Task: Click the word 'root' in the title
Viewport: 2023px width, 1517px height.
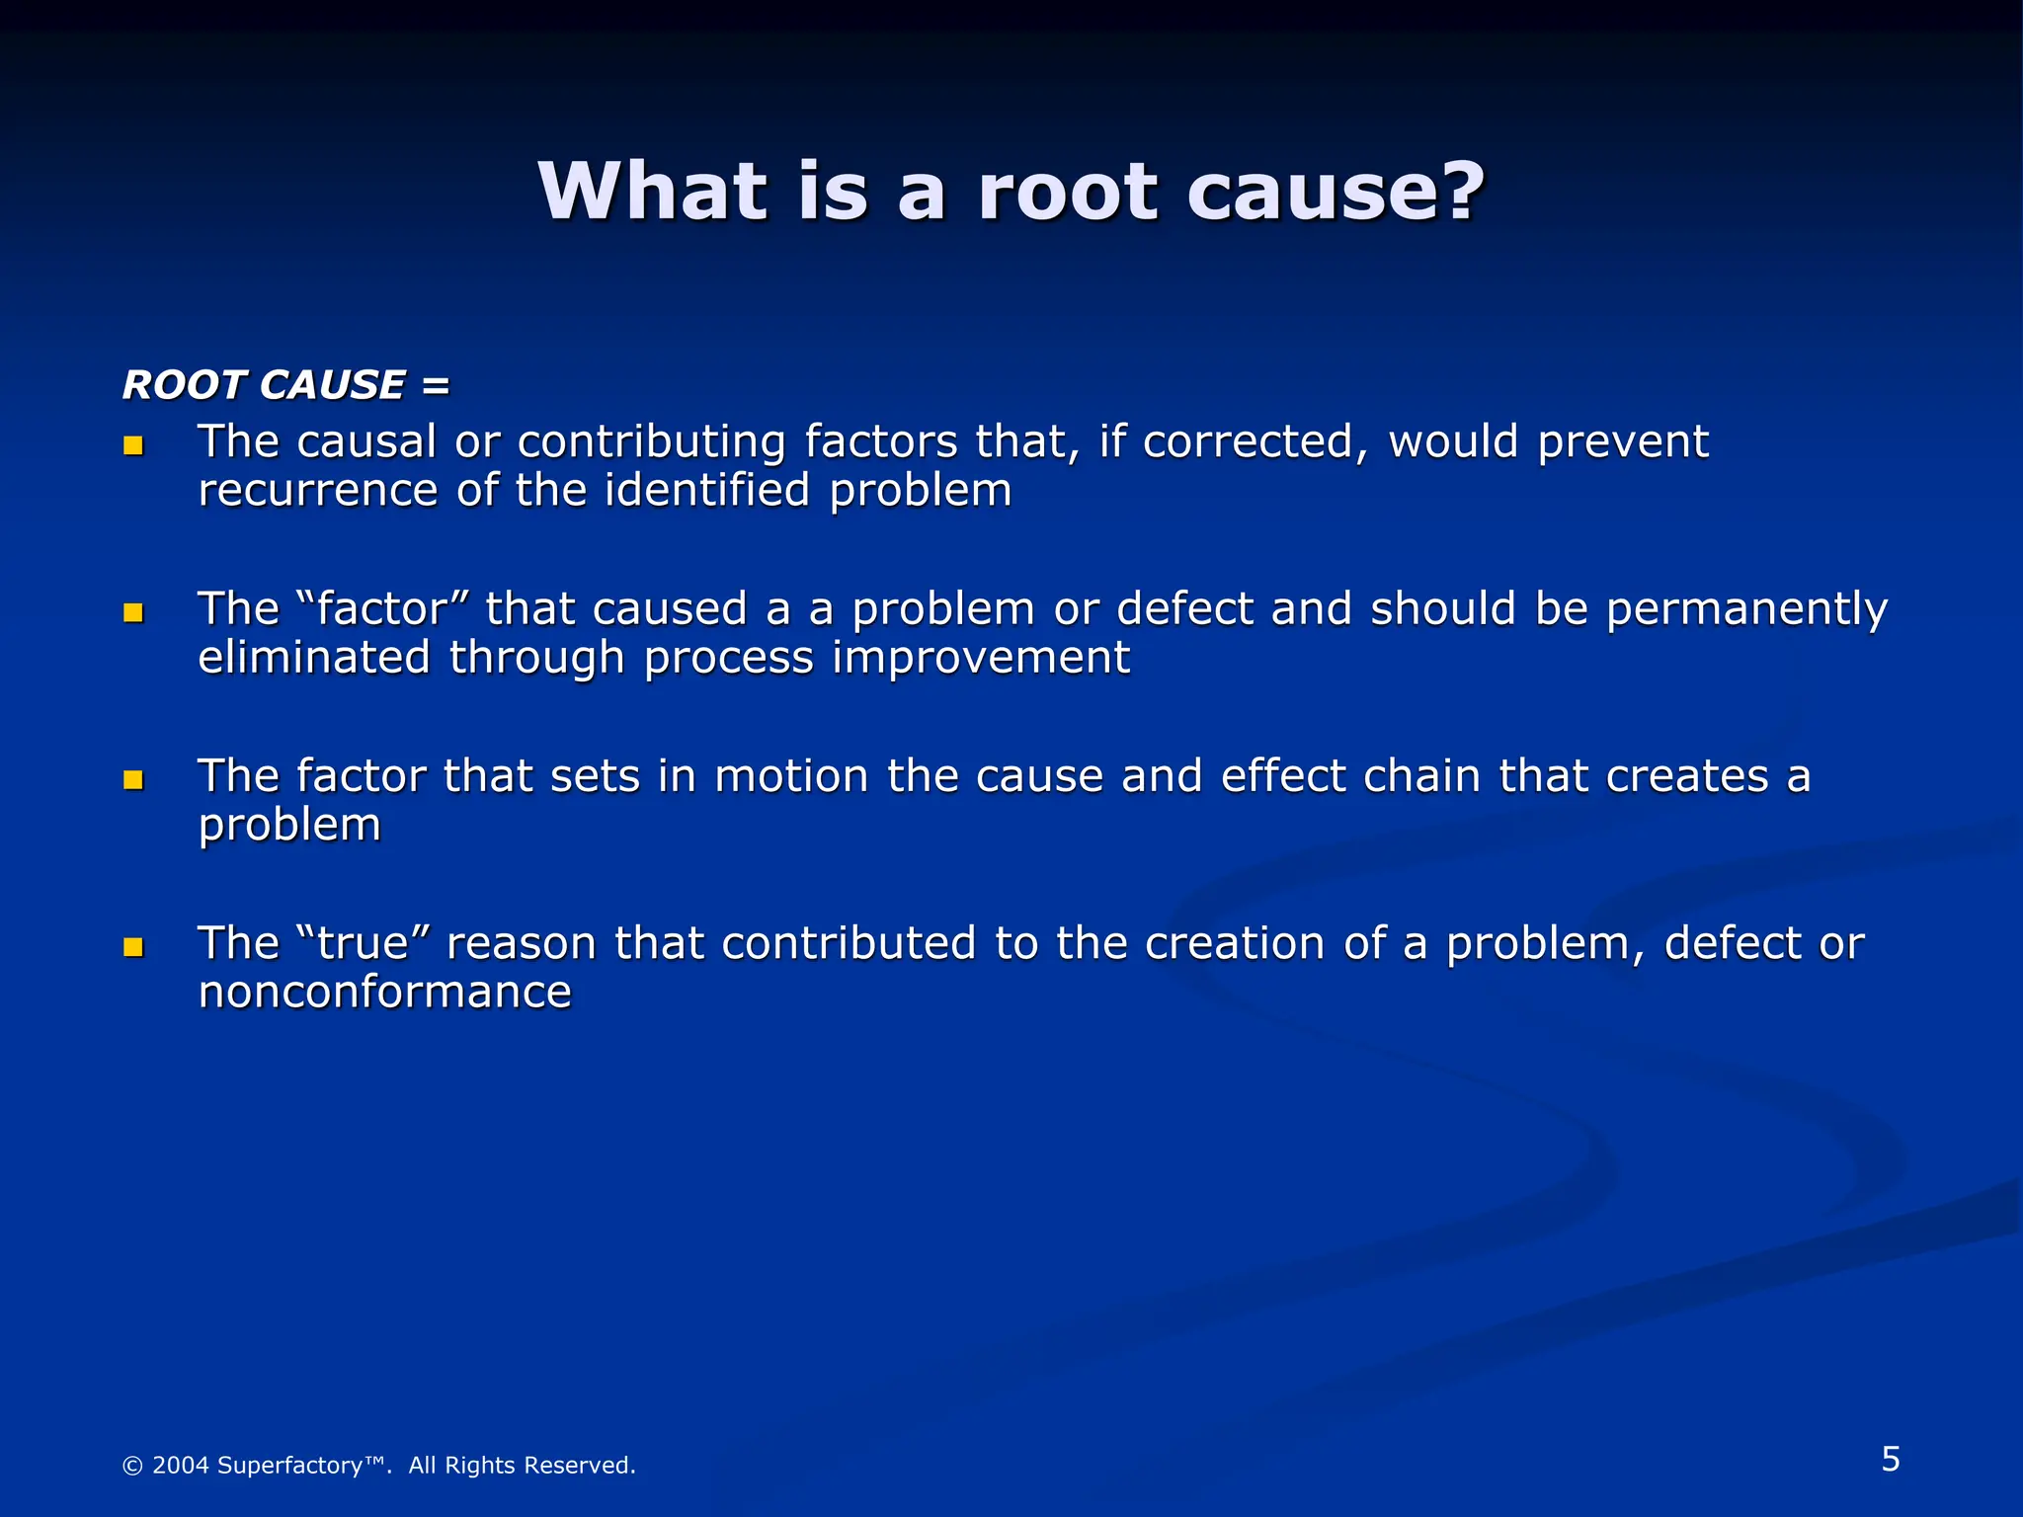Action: [1067, 193]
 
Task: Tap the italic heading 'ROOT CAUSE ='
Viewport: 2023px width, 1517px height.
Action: [285, 384]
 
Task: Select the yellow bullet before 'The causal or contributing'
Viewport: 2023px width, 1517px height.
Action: [133, 446]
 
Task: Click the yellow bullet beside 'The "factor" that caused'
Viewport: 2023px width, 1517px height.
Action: [133, 613]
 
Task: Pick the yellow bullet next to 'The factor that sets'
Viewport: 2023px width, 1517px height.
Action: [133, 781]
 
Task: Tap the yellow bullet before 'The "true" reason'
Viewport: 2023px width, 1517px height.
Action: [133, 948]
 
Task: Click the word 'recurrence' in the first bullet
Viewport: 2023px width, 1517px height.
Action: [317, 491]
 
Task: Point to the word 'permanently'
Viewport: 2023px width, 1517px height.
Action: [1746, 609]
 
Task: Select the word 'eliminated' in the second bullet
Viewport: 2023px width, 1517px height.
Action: [313, 658]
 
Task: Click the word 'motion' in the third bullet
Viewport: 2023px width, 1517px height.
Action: [791, 776]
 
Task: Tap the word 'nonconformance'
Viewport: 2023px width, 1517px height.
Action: [384, 993]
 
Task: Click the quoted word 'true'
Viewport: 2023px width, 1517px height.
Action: [363, 943]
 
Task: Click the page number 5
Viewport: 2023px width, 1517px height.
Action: [1890, 1459]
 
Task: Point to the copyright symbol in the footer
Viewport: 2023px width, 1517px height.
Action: [131, 1466]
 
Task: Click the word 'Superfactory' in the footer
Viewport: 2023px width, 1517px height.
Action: [289, 1466]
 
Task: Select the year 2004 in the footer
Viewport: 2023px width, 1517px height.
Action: [181, 1466]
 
